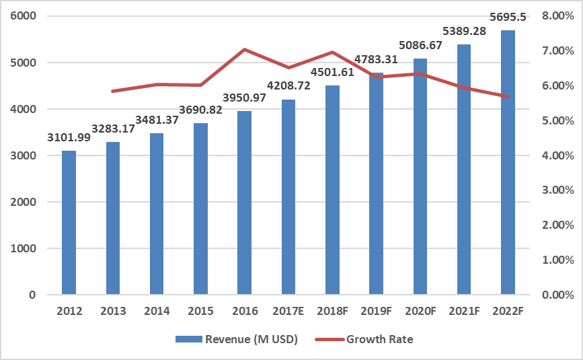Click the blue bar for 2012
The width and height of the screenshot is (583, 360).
[69, 222]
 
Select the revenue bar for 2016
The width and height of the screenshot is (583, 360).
[244, 203]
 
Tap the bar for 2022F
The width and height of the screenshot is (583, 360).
[508, 162]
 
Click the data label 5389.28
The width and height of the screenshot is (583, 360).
[463, 31]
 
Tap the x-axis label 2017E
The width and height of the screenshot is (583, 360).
[288, 312]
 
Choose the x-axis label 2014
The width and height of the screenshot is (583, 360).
[156, 312]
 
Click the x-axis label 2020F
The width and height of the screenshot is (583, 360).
[420, 312]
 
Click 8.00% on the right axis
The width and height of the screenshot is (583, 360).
[557, 16]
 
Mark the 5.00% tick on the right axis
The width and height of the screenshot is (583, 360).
[557, 120]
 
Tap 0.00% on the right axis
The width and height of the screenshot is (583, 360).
[557, 295]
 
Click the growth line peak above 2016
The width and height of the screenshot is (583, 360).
[244, 49]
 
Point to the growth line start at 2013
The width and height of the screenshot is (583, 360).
[113, 91]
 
